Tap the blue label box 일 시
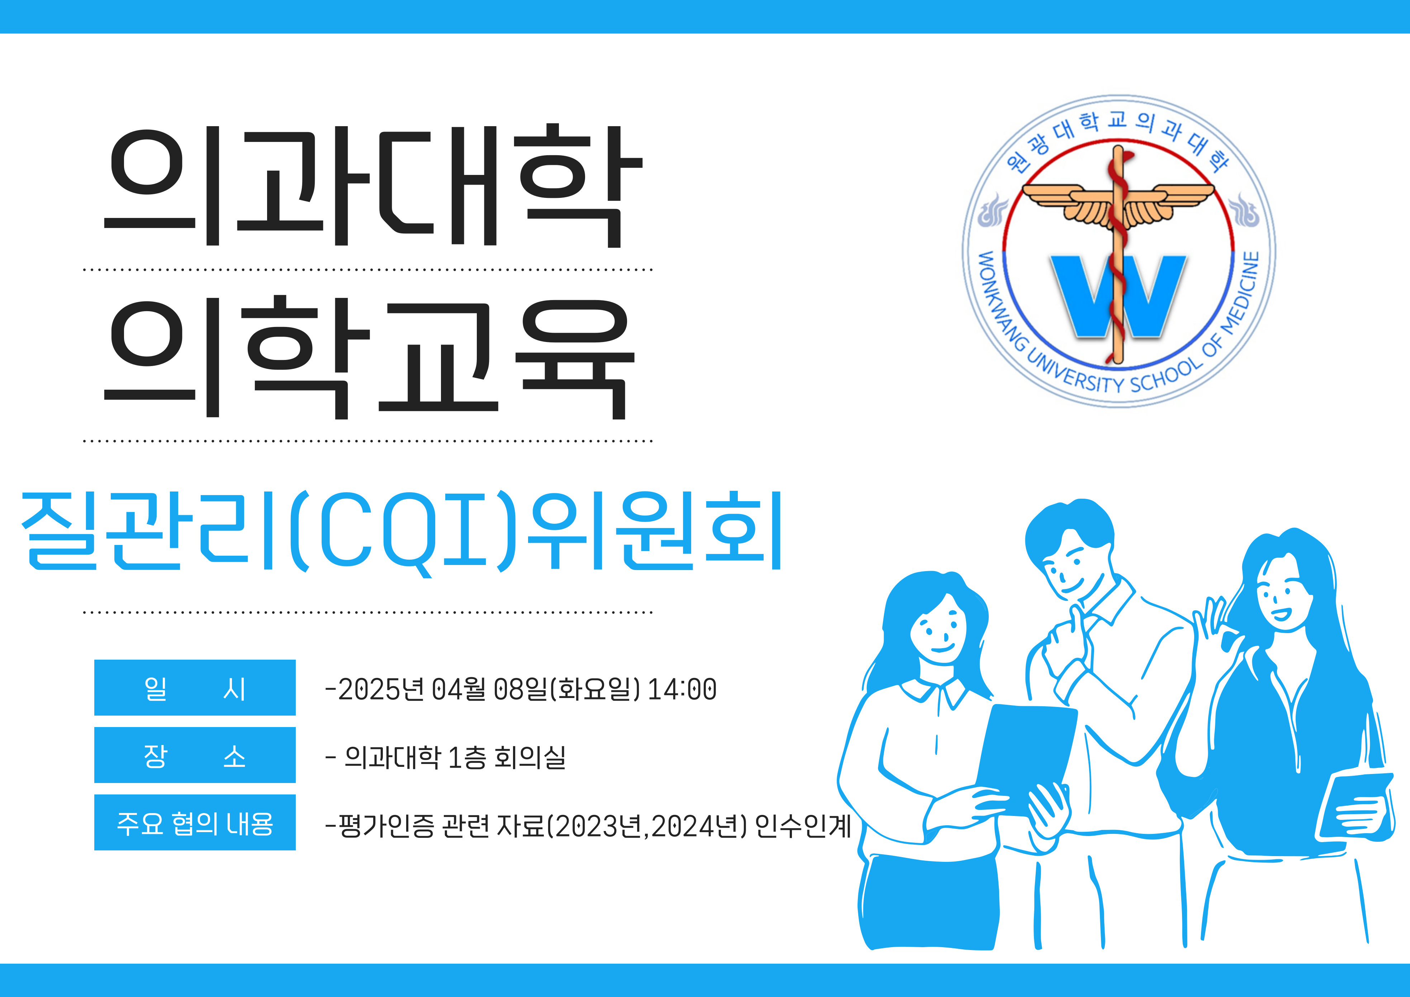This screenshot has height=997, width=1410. (x=195, y=687)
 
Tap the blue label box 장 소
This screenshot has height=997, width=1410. (x=195, y=755)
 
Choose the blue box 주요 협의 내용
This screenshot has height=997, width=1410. (x=195, y=822)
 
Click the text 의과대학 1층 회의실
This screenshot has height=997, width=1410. (x=455, y=757)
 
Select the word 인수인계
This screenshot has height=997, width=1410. (x=803, y=826)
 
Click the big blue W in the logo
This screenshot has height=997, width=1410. (x=1118, y=296)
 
